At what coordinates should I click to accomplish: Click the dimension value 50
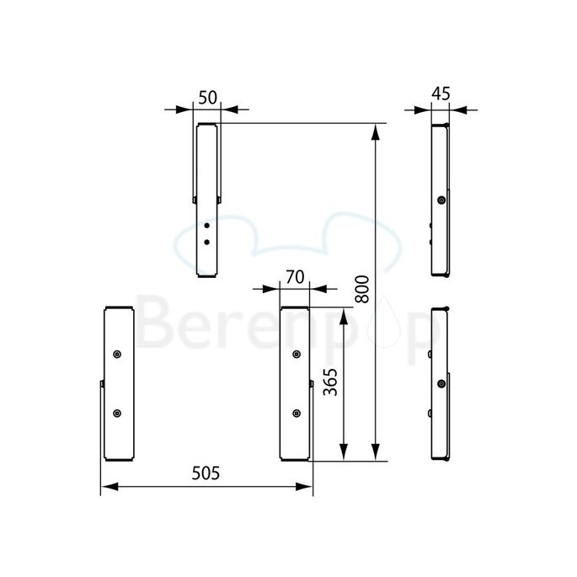(207, 97)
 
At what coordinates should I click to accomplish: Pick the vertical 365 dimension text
(330, 383)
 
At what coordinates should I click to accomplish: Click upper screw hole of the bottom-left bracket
(117, 353)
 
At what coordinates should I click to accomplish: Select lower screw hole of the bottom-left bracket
(117, 413)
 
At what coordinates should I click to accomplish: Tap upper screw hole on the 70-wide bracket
(296, 353)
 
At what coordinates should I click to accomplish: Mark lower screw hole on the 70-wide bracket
(296, 413)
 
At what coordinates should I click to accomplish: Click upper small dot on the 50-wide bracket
(207, 226)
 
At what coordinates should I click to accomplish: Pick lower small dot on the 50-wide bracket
(207, 242)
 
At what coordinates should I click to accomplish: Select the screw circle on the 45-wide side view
(441, 200)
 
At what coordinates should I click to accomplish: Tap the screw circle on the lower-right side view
(441, 384)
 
